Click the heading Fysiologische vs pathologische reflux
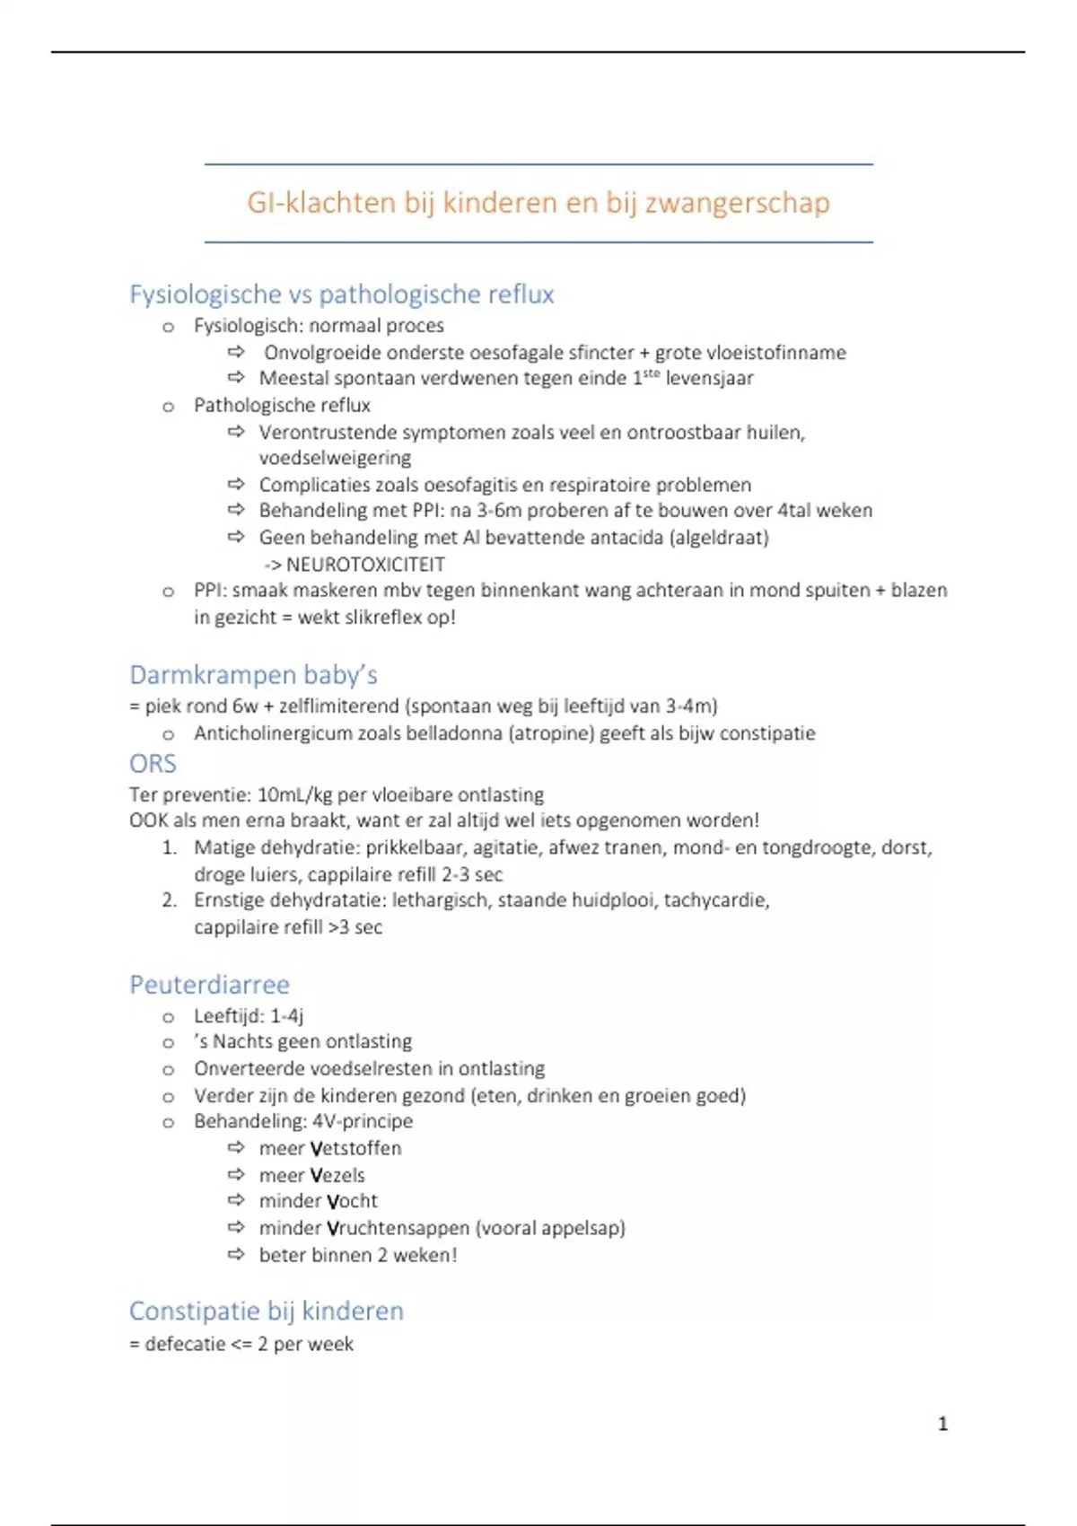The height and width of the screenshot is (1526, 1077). click(341, 294)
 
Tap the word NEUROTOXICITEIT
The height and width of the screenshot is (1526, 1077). click(365, 565)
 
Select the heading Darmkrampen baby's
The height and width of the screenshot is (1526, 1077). click(253, 675)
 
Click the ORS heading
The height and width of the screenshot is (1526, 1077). click(153, 764)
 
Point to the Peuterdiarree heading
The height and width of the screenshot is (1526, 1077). click(209, 985)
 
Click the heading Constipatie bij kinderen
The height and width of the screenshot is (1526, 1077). click(267, 1311)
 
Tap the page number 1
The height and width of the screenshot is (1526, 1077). click(942, 1424)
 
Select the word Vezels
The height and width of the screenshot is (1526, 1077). click(337, 1175)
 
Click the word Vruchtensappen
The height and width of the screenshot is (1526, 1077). click(398, 1228)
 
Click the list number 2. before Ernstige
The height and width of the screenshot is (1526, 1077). click(170, 900)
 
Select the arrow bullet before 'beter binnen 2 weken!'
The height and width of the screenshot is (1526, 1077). click(236, 1255)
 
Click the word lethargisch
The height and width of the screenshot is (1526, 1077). click(441, 900)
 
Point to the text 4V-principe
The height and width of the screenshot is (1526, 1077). click(363, 1121)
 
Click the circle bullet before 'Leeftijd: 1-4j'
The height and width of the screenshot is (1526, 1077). click(168, 1017)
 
